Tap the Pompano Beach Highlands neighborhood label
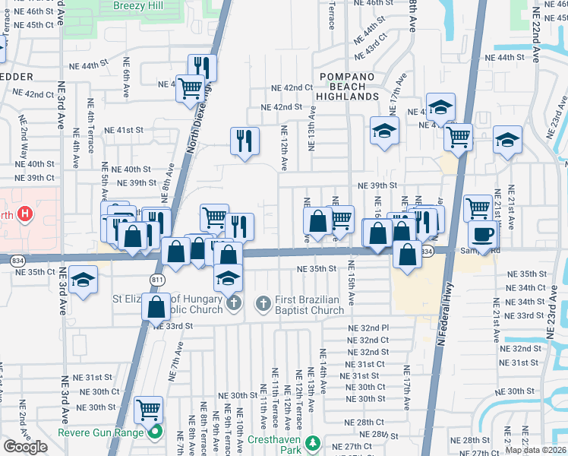click(x=349, y=87)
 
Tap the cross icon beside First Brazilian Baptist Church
click(x=264, y=305)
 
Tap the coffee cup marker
click(x=482, y=233)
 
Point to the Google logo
click(x=25, y=447)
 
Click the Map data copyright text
click(x=538, y=450)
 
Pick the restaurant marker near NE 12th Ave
click(x=245, y=141)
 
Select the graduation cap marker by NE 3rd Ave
click(x=83, y=279)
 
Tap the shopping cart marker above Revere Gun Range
click(x=148, y=410)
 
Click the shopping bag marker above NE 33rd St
click(x=157, y=307)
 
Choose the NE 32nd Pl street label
click(x=368, y=328)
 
